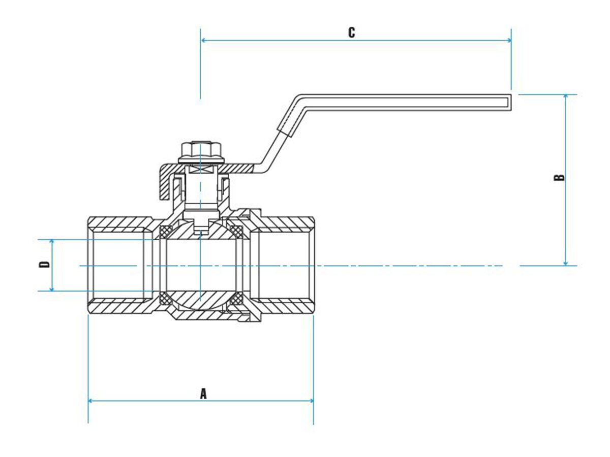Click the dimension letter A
pos(203,394)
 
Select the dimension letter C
pos(352,32)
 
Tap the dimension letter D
pos(45,265)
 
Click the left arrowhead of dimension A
pos(91,401)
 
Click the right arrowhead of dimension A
pos(310,401)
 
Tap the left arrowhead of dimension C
pos(204,40)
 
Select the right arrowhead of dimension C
pos(508,40)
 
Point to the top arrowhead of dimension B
pos(566,97)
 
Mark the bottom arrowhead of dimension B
pos(566,262)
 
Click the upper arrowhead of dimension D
pos(52,242)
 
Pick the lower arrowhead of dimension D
pos(52,288)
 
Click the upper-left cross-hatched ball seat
pos(165,232)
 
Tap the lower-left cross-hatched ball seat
pos(165,298)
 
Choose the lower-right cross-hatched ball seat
pos(236,300)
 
